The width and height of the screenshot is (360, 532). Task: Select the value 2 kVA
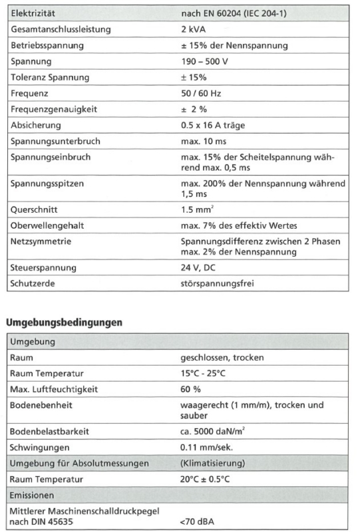click(x=194, y=29)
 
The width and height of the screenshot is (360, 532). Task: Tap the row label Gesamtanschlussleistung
click(x=61, y=29)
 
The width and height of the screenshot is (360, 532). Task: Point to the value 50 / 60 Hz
click(x=201, y=93)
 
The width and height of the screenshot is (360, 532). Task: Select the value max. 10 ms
click(x=203, y=141)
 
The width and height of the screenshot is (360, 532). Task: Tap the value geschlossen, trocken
click(x=222, y=358)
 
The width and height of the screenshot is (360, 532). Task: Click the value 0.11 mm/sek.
click(x=206, y=448)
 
